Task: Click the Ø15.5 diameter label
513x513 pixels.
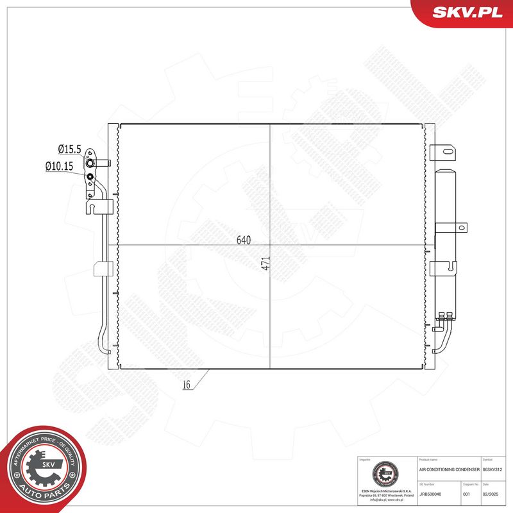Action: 69,149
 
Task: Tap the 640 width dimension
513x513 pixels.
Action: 243,240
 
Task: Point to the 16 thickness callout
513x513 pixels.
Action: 186,385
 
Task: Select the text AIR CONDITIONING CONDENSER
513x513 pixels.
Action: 449,470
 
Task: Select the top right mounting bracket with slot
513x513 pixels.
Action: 445,153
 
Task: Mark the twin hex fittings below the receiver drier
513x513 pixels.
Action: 446,314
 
